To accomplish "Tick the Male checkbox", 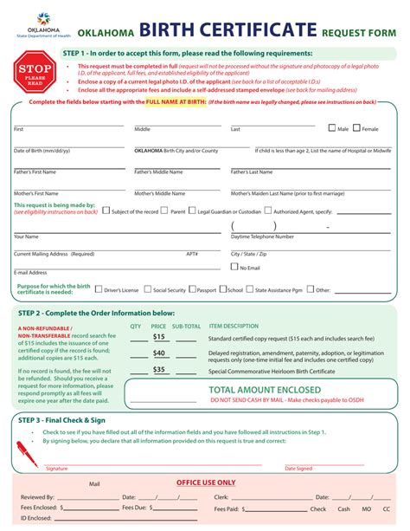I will pos(333,128).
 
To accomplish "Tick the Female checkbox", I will pos(358,128).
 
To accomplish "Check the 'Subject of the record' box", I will pos(106,210).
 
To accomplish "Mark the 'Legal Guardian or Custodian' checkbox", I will pos(193,210).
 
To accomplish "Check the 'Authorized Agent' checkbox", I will pos(268,210).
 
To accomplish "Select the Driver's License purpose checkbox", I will pos(99,290).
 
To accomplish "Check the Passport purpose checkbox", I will pos(192,290).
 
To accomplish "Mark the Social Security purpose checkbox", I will pos(148,290).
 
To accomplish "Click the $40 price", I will pos(159,353).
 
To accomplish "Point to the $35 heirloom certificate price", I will pos(159,370).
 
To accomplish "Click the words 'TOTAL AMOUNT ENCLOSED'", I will pos(265,389).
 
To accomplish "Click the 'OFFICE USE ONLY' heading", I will pos(206,482).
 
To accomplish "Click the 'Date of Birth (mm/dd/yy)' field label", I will pos(42,151).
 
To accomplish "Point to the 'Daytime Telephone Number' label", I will pos(263,236).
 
